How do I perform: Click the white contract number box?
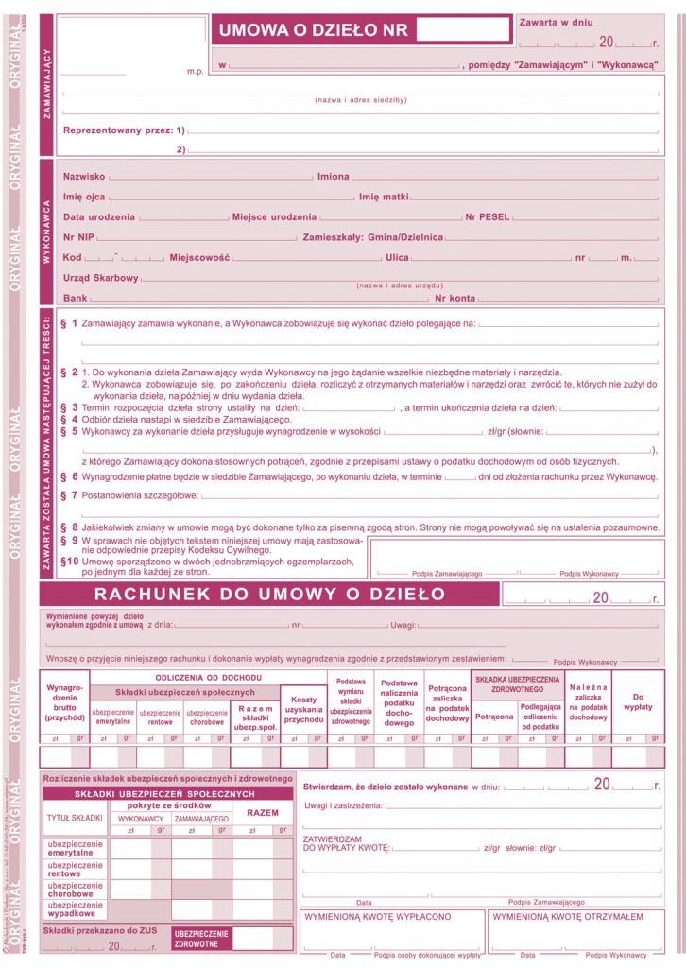coord(461,29)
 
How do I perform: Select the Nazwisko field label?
coord(84,177)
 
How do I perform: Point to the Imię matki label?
coord(383,197)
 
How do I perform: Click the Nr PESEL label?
coord(488,217)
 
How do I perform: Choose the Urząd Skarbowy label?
coord(101,278)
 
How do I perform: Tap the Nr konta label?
coord(455,299)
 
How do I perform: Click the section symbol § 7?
coord(69,495)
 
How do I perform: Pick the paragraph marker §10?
coord(68,561)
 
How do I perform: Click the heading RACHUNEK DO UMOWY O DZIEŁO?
coord(269,595)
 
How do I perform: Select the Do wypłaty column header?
coord(638,701)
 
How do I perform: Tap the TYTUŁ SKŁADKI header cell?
coord(75,817)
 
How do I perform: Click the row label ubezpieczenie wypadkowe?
coord(76,909)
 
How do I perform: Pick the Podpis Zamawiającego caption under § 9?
coord(447,574)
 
